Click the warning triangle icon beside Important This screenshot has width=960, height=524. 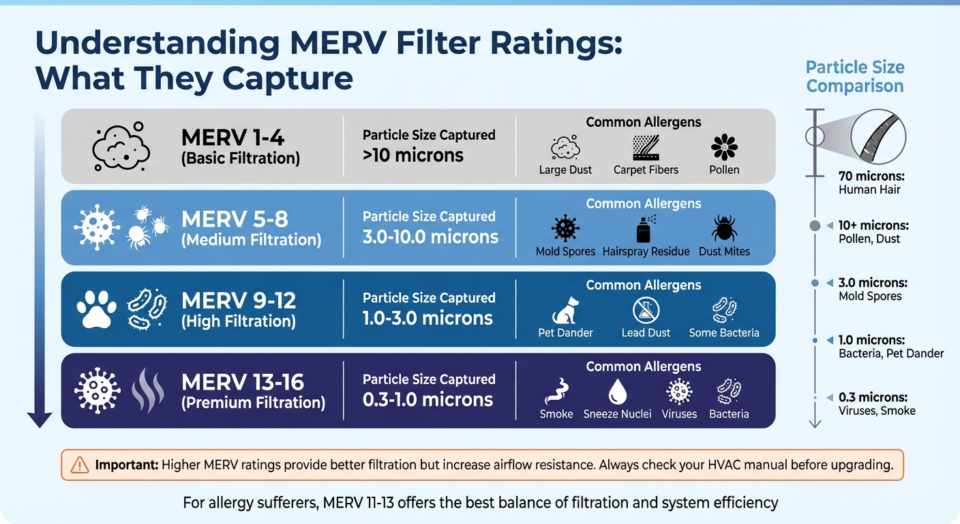pos(80,465)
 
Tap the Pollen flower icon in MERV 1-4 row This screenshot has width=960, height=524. pos(723,147)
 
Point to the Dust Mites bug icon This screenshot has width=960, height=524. pos(723,229)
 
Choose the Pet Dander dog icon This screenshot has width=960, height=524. pos(565,310)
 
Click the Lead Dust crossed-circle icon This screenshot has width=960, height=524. pos(645,310)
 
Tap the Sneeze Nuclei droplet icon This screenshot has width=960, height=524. pos(617,392)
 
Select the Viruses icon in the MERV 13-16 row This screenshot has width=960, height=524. pos(678,392)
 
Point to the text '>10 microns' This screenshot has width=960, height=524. pos(412,155)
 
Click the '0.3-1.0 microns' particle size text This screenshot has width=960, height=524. pos(427,399)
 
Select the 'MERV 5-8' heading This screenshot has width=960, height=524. pos(235,219)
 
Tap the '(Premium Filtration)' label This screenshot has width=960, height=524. pos(253,403)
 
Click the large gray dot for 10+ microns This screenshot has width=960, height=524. pos(815,226)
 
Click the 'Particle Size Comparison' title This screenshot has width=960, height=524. pos(854,77)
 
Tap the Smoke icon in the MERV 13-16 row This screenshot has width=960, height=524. pos(556,392)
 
